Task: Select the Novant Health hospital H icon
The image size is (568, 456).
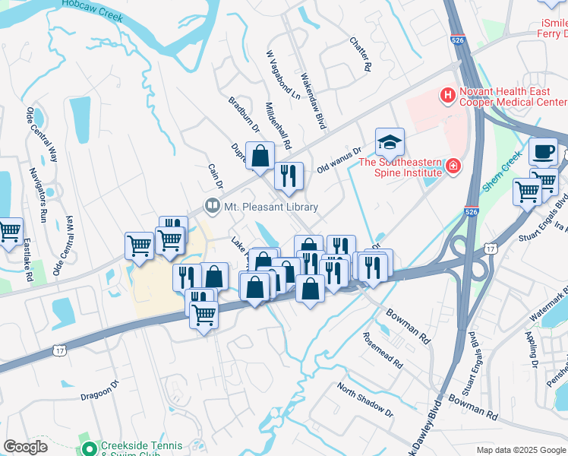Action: pyautogui.click(x=447, y=96)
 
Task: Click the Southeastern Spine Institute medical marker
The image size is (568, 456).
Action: pyautogui.click(x=453, y=165)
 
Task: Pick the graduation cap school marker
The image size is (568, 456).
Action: pyautogui.click(x=390, y=141)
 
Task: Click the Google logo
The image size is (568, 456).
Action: pyautogui.click(x=25, y=447)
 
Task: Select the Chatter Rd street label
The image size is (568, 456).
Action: pyautogui.click(x=361, y=55)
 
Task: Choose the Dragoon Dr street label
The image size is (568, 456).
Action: pyautogui.click(x=100, y=390)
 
